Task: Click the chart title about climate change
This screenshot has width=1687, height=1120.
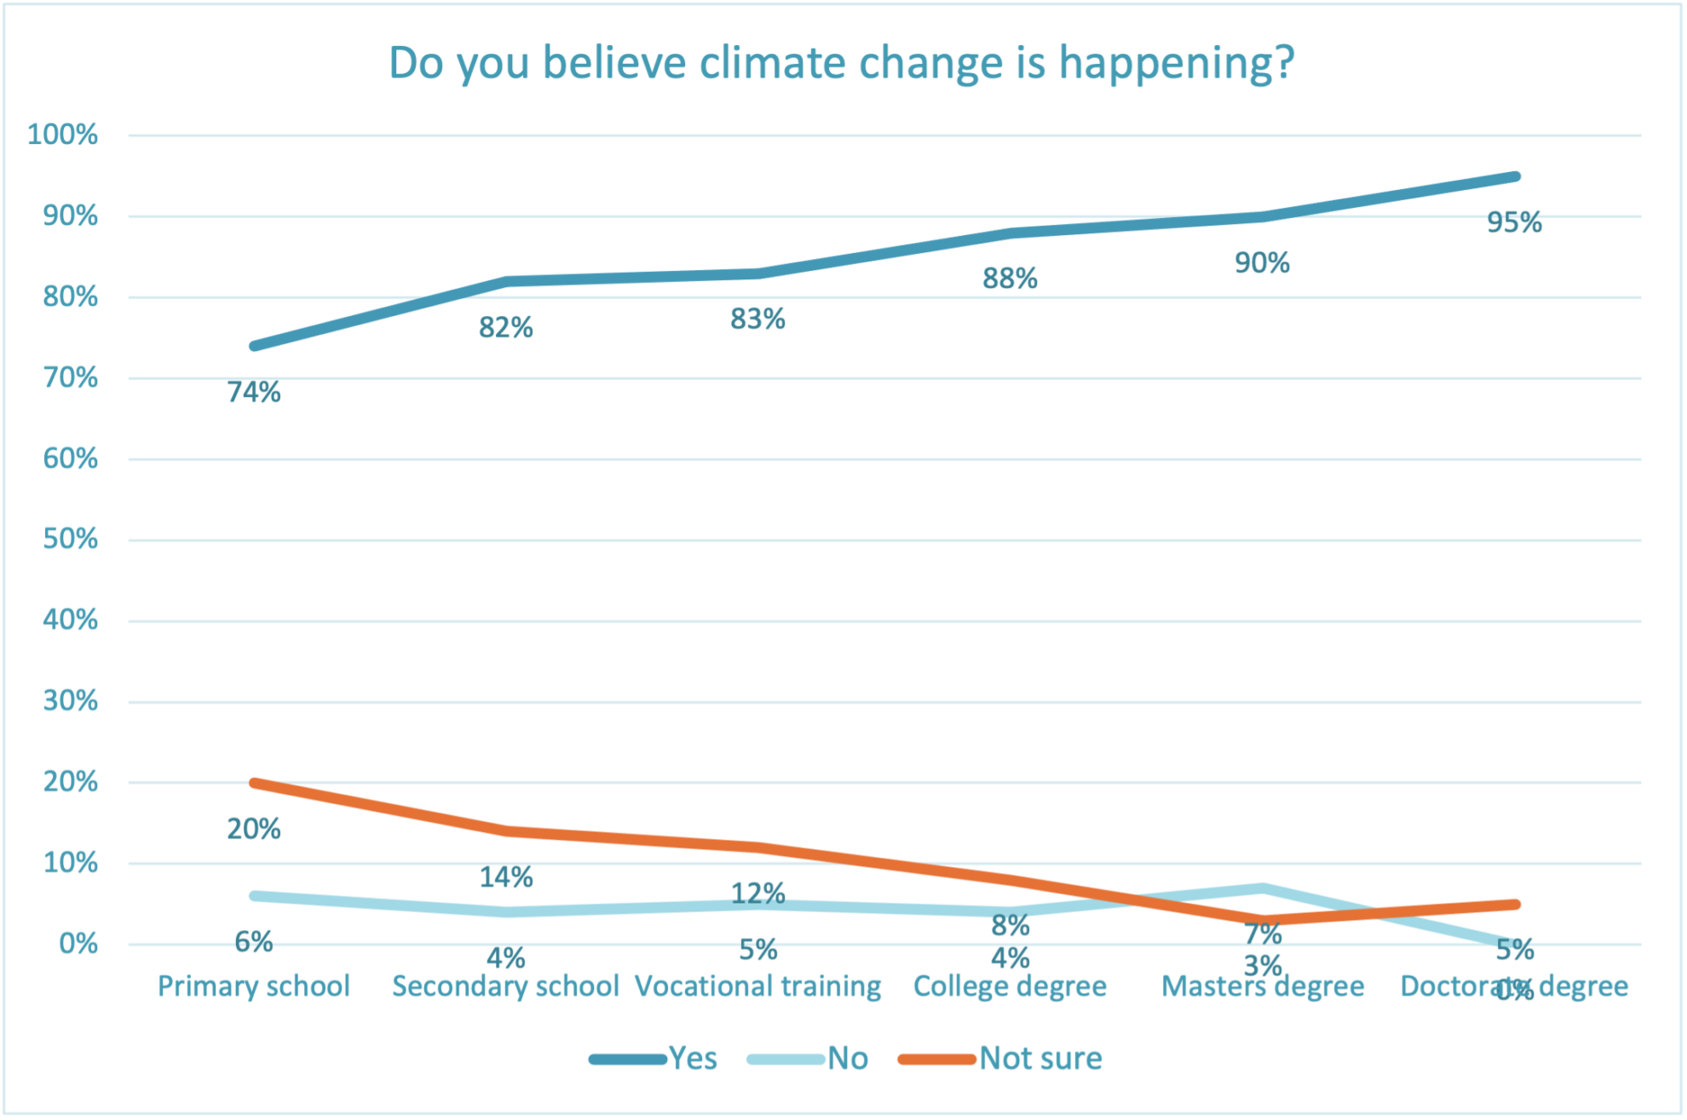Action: click(842, 63)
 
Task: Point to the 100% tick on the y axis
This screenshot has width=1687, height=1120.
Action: click(63, 135)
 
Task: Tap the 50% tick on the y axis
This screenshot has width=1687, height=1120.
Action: click(71, 539)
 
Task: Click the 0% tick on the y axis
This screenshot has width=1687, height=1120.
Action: click(78, 944)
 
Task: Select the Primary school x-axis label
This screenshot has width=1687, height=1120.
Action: click(254, 986)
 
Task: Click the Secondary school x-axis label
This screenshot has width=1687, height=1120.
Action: click(505, 986)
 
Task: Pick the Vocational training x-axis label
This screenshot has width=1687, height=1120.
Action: click(758, 986)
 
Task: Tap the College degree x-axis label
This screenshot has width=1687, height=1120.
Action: click(1010, 986)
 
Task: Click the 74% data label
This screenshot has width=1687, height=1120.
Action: click(254, 393)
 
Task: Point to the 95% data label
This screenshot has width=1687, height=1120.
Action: click(1514, 223)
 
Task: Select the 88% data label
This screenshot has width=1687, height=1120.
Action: click(1010, 279)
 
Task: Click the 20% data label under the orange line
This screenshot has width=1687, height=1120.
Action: click(254, 829)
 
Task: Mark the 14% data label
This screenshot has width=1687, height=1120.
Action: click(506, 877)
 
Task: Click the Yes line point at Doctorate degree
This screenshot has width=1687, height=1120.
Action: click(1515, 177)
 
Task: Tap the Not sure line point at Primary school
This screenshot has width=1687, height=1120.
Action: click(255, 783)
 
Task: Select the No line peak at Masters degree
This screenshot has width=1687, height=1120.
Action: click(1263, 888)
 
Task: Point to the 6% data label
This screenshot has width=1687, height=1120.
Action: click(254, 942)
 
